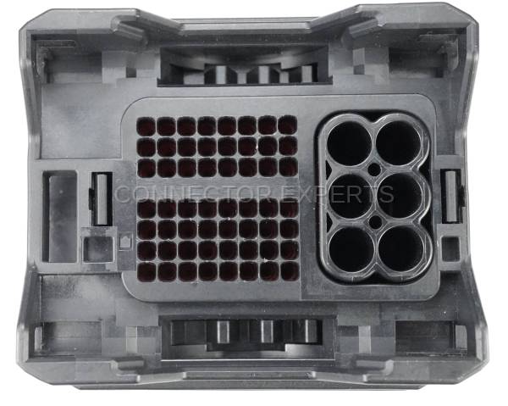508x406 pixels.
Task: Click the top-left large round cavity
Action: (349, 143)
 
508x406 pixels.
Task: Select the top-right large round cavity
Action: (399, 143)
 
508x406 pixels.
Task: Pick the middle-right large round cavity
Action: (400, 196)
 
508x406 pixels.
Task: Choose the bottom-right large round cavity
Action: (401, 248)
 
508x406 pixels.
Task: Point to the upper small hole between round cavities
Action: (374, 170)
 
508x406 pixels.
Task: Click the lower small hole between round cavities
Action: (376, 222)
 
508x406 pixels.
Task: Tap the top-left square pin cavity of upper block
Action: (146, 126)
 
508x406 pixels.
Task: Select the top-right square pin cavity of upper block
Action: (288, 125)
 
